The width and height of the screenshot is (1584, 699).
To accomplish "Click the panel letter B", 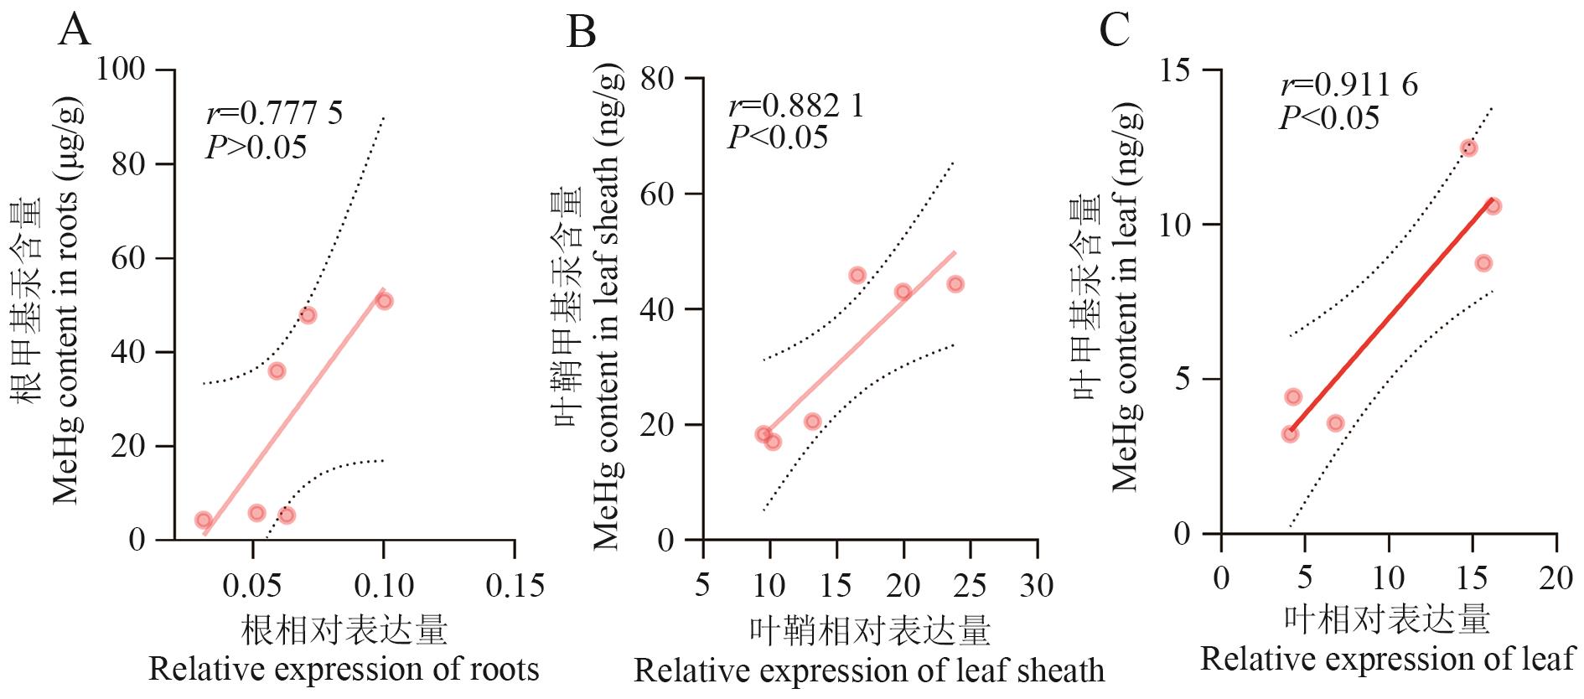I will [x=582, y=34].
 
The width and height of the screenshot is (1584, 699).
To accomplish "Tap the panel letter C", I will [x=1116, y=32].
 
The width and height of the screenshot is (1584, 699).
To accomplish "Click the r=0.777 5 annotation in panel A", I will [x=274, y=113].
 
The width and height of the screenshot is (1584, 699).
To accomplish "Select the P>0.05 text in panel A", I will [x=256, y=148].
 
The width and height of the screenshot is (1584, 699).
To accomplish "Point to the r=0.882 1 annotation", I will [x=795, y=106].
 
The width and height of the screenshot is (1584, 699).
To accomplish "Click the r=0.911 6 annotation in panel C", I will [x=1348, y=85].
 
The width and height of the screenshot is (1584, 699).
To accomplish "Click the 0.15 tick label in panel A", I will [x=515, y=585].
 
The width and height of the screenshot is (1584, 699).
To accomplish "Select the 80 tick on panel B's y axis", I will [x=658, y=79].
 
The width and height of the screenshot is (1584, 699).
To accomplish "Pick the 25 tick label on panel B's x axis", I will [x=971, y=585].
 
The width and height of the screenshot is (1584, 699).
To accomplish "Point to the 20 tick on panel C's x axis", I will [x=1556, y=579].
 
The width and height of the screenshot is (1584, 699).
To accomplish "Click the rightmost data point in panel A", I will [x=384, y=301].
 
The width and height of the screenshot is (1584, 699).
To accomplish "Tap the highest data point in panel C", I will [x=1468, y=148].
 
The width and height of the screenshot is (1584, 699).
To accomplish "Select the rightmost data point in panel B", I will [x=955, y=284].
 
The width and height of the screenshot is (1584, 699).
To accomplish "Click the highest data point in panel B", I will [x=857, y=275].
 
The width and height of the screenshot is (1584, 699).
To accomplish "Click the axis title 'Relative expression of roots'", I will [x=344, y=670].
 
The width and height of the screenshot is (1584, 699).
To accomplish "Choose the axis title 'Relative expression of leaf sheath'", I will [x=869, y=671].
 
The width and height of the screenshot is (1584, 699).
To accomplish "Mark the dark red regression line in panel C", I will [x=1391, y=315].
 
